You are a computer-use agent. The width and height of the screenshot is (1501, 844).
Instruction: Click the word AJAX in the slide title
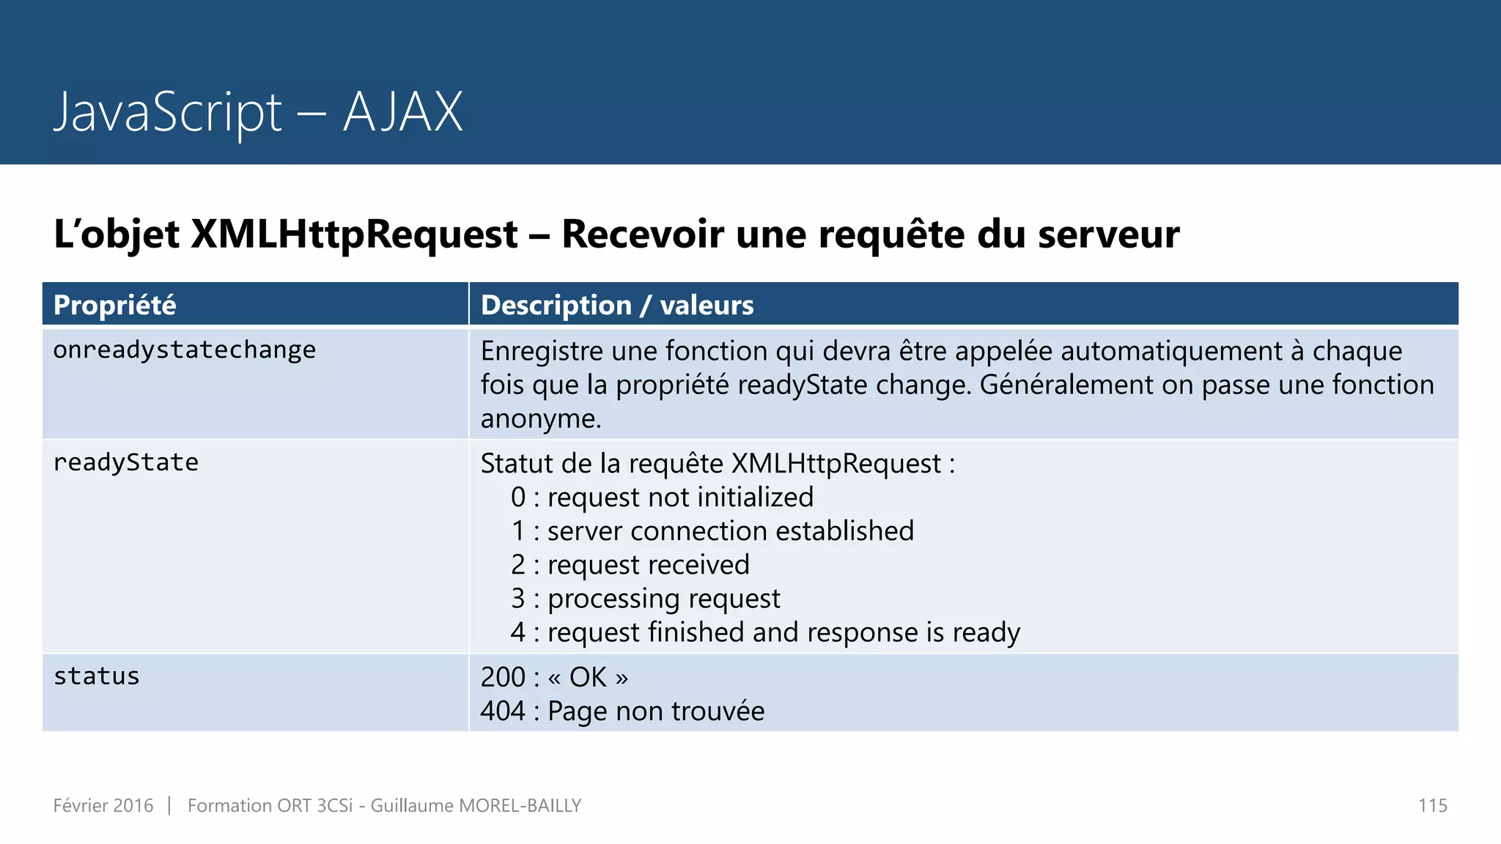pos(403,112)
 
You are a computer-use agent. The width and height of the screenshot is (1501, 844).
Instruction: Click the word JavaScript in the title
pos(168,112)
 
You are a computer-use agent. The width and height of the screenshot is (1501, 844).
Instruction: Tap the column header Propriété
pos(115,305)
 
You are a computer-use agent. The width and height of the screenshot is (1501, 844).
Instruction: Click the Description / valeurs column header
pos(617,305)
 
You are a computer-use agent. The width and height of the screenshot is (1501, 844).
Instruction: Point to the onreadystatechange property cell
pos(185,350)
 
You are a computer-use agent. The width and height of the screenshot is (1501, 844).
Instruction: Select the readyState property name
pos(126,462)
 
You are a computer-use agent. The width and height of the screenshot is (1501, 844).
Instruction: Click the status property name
pos(97,676)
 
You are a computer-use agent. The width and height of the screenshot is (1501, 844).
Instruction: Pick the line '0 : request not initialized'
pos(662,497)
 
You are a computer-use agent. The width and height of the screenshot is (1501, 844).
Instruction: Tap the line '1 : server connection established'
pos(712,530)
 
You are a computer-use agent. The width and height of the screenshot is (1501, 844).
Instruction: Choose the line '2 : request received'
pos(630,564)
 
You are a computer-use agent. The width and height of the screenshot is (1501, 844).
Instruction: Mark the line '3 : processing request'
pos(646,598)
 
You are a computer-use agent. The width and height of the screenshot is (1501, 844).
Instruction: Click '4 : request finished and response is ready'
pos(765,632)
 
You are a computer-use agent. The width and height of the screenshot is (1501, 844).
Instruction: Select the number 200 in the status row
pos(503,677)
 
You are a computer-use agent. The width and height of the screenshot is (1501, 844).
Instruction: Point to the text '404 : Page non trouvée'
pos(622,711)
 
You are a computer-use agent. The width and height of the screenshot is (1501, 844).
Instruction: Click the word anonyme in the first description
pos(540,418)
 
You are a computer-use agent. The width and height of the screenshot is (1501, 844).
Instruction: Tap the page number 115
pos(1432,805)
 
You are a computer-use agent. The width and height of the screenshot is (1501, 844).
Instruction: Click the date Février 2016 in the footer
pos(103,805)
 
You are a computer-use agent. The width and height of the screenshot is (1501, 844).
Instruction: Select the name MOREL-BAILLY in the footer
pos(520,805)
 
